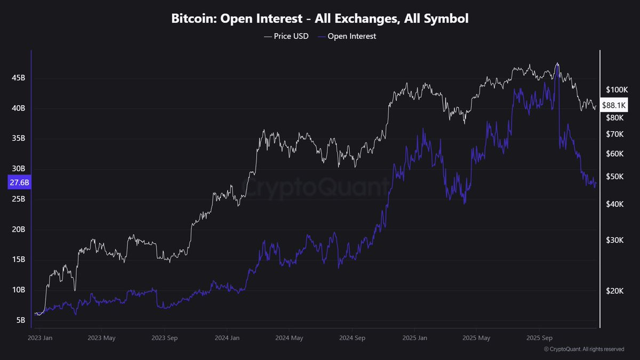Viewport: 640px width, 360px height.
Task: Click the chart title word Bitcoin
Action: (x=194, y=19)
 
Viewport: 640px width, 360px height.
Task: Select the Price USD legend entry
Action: (x=286, y=36)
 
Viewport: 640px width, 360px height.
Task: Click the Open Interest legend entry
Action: (x=347, y=36)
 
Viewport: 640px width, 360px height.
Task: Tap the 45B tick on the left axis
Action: (x=18, y=78)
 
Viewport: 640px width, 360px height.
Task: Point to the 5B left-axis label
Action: (x=21, y=321)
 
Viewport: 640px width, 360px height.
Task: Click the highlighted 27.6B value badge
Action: (x=19, y=182)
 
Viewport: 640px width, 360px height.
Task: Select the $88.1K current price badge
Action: (x=614, y=105)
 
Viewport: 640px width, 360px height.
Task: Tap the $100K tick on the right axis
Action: (x=617, y=90)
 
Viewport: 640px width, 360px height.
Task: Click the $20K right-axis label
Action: (x=615, y=291)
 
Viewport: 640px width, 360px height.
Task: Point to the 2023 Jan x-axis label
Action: (x=40, y=338)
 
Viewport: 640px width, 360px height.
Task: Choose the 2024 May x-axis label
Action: (x=289, y=338)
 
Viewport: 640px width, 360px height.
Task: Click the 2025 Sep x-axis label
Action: (x=539, y=338)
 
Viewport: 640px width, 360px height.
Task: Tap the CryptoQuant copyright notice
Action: (x=584, y=349)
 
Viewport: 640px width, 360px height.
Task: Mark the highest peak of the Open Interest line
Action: (x=557, y=65)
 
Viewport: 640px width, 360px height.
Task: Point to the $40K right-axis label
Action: (x=615, y=204)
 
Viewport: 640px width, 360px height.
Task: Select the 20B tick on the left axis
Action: (x=18, y=229)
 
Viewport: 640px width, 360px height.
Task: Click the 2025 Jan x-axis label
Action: (x=415, y=338)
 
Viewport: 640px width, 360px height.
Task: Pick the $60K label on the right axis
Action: (x=615, y=154)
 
